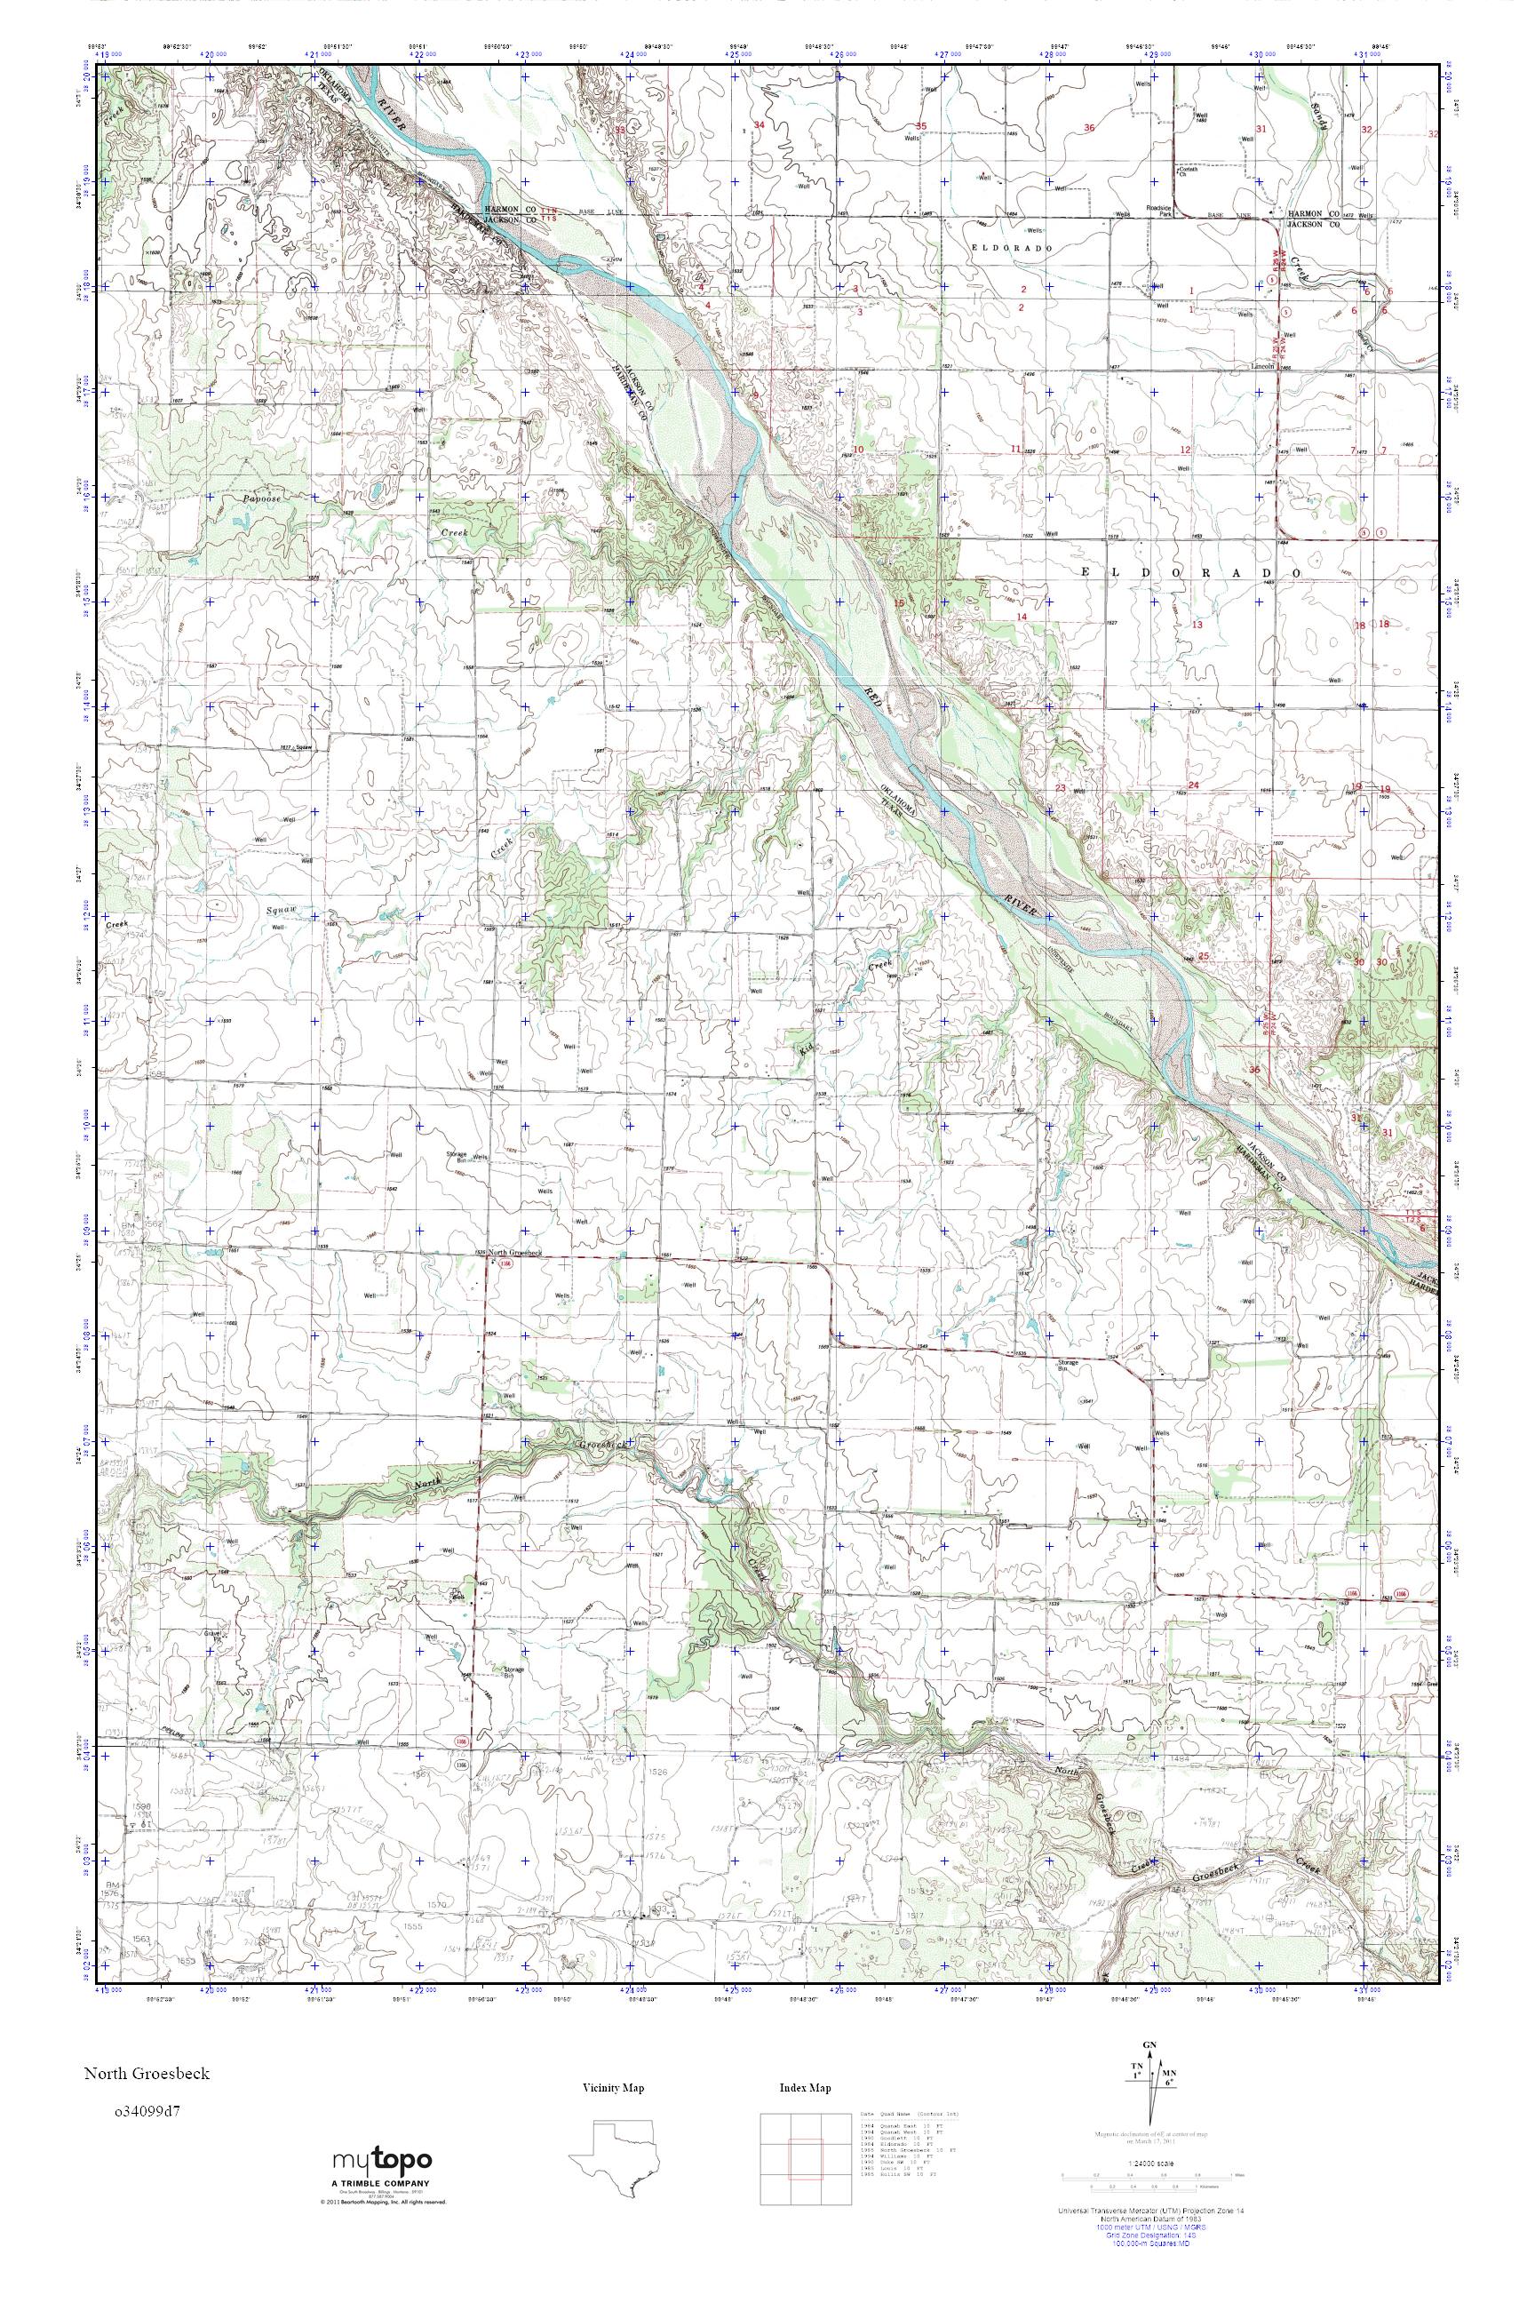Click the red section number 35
point(920,126)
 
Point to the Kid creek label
point(805,1048)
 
